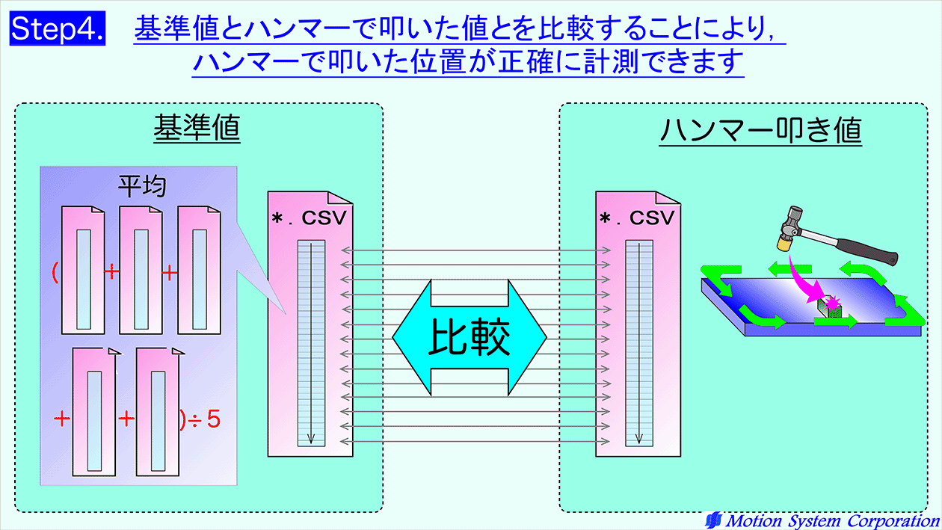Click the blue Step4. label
pyautogui.click(x=57, y=28)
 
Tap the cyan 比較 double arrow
pyautogui.click(x=470, y=337)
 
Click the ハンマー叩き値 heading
pyautogui.click(x=760, y=129)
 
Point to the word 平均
pyautogui.click(x=142, y=186)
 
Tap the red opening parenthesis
pyautogui.click(x=55, y=272)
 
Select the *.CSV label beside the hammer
pyautogui.click(x=637, y=218)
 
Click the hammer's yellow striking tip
pyautogui.click(x=784, y=244)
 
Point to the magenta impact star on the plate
pyautogui.click(x=833, y=303)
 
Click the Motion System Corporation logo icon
pyautogui.click(x=714, y=521)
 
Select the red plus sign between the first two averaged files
pyautogui.click(x=111, y=272)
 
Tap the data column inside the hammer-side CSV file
pyautogui.click(x=639, y=343)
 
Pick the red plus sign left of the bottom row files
pyautogui.click(x=62, y=419)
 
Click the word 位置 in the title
pyautogui.click(x=439, y=62)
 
